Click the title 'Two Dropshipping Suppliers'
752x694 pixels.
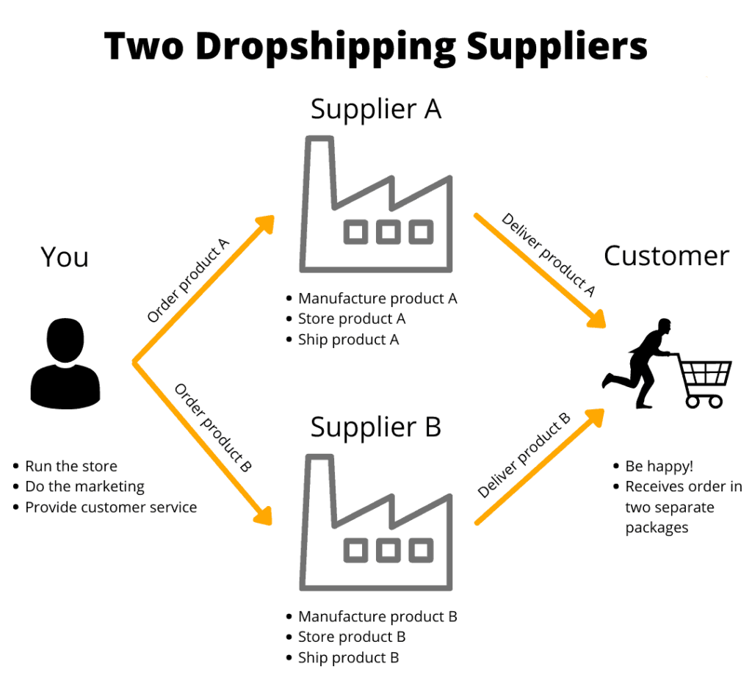point(375,46)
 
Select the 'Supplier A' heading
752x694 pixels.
point(375,109)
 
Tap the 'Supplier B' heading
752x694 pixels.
point(375,427)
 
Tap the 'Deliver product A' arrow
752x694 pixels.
point(540,269)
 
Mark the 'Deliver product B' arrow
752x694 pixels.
point(540,466)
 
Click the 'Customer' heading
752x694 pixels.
point(666,256)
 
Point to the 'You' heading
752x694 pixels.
point(65,257)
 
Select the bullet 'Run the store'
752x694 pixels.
point(70,466)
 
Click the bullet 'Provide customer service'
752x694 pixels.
point(111,507)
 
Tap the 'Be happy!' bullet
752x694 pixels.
point(659,466)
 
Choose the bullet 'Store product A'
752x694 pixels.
point(351,319)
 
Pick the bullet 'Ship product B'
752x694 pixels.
point(348,657)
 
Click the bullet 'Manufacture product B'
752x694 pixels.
point(377,617)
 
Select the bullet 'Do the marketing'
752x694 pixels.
point(84,487)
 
